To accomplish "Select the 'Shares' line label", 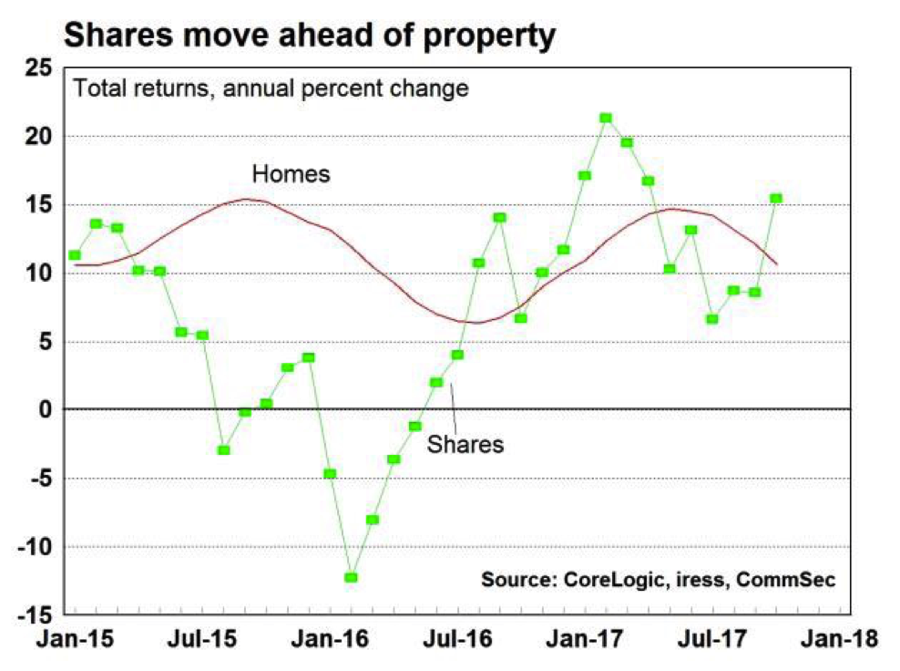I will [465, 444].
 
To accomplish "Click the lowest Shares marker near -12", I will [351, 577].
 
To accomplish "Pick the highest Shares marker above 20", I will [606, 118].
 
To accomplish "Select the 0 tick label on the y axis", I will [46, 410].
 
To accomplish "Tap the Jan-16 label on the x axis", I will [330, 639].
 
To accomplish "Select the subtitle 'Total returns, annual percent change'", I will [271, 89].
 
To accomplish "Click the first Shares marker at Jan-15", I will [74, 255].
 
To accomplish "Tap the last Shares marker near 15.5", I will [776, 198].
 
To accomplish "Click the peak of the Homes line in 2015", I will [246, 199].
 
